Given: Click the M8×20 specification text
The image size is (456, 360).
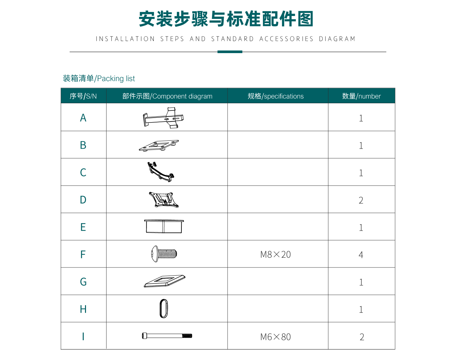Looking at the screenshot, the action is [x=276, y=254].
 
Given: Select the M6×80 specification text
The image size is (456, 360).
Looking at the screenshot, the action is [x=276, y=337].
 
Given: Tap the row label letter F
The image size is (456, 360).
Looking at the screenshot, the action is [x=83, y=254].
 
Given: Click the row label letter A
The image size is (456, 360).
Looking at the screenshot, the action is [x=83, y=118].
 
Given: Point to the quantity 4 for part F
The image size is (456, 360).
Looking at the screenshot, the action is [x=361, y=255].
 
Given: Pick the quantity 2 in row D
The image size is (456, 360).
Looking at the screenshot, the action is [x=361, y=200].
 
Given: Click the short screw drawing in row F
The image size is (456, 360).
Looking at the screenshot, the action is [x=164, y=254].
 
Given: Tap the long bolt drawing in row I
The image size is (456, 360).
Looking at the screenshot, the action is [x=167, y=336].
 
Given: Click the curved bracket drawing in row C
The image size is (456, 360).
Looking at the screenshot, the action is [x=160, y=172].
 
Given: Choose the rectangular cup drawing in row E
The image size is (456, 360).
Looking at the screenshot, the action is [x=164, y=226].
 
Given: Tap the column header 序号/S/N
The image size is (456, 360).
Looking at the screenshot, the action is [x=83, y=96].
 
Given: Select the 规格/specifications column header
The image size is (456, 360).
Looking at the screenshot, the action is [x=276, y=96].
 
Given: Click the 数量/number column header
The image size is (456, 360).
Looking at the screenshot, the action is [x=361, y=96].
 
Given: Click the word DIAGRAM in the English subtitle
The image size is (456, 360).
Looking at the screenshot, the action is [x=337, y=39].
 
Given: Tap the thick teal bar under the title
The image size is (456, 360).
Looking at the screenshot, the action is [x=230, y=52].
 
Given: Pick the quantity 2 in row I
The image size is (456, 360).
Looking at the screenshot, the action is [x=362, y=337].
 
